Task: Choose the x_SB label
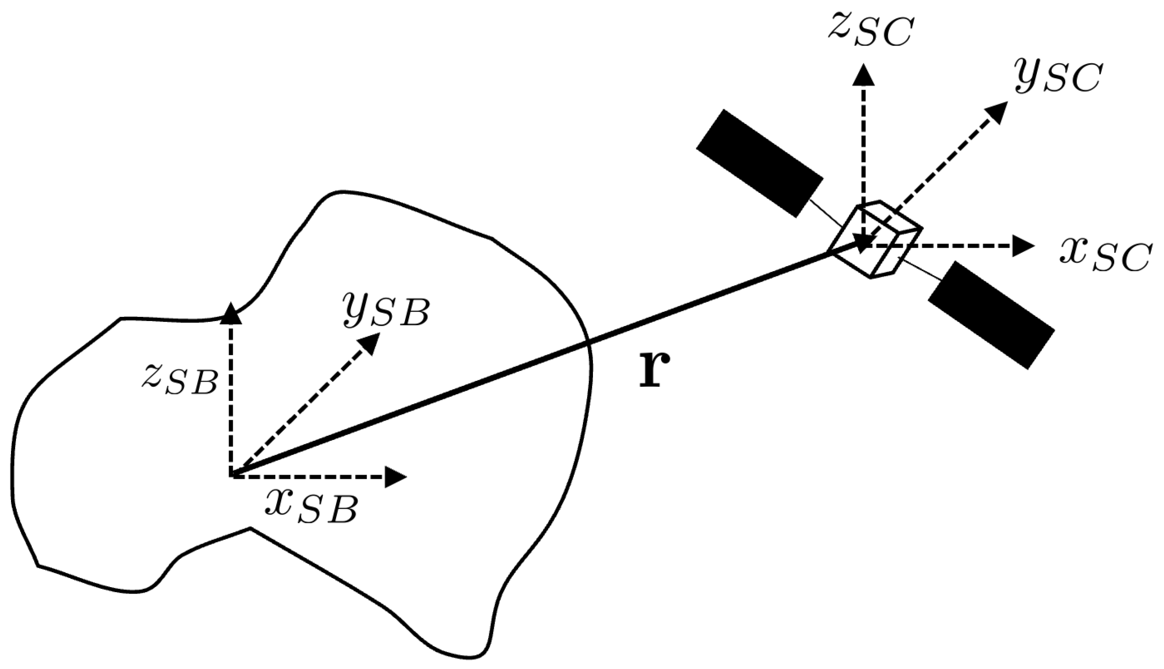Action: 311,508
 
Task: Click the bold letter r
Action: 654,370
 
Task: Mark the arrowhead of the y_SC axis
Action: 997,111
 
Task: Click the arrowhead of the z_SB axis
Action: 230,313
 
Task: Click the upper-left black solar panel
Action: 759,163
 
